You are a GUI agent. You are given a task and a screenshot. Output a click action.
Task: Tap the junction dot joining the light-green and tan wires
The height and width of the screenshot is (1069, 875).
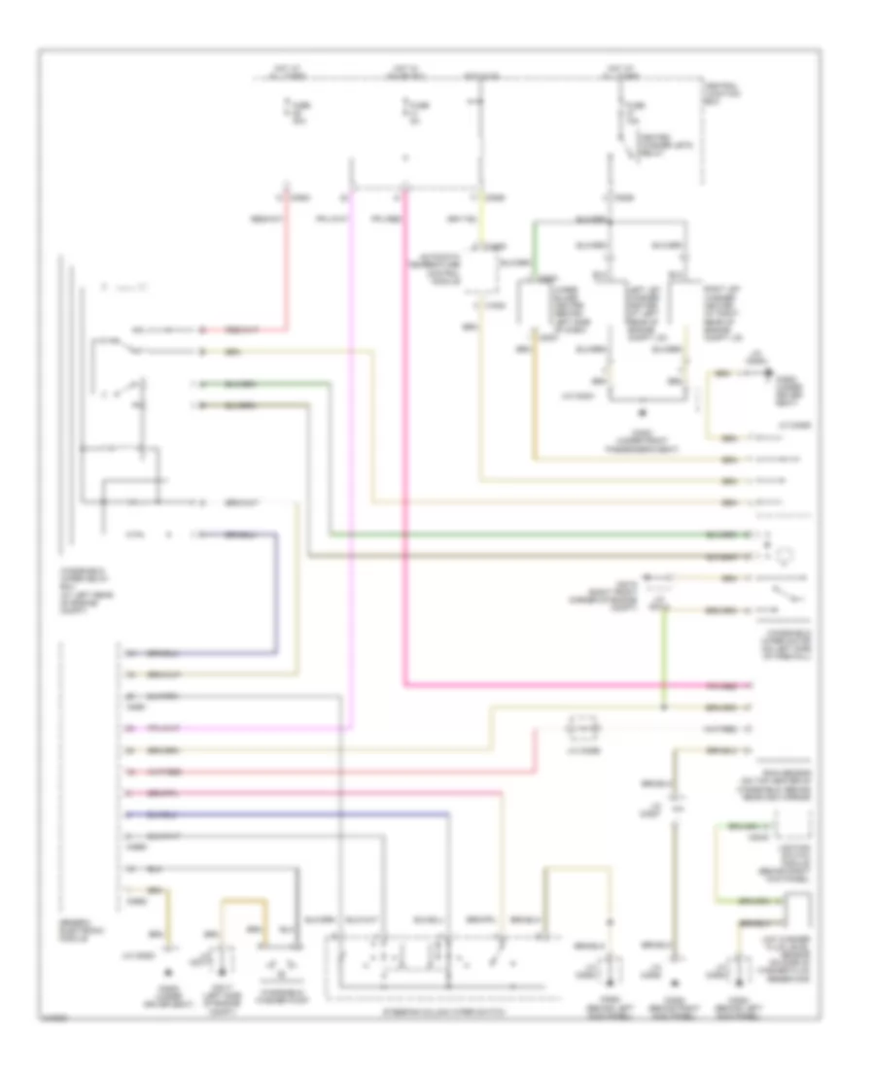[x=664, y=707]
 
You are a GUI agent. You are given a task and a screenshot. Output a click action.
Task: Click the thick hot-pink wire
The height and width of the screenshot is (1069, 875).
[x=404, y=437]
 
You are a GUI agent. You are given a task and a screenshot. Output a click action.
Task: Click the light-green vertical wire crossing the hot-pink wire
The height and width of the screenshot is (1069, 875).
[x=664, y=661]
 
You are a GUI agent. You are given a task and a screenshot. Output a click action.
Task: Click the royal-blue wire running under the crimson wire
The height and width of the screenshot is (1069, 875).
[x=292, y=812]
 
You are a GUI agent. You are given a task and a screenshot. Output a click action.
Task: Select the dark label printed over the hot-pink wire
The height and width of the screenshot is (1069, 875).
[x=720, y=685]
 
